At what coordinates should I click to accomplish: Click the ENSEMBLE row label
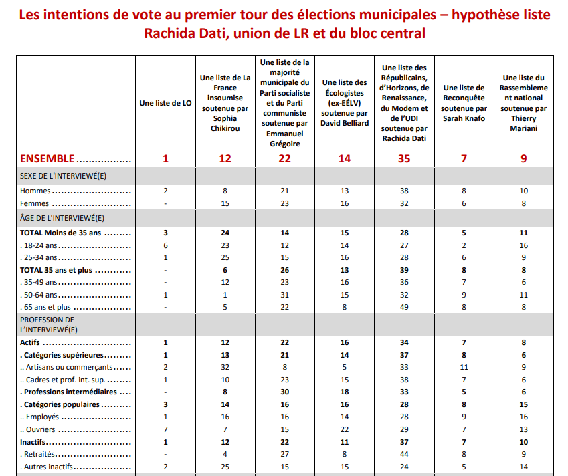[48, 158]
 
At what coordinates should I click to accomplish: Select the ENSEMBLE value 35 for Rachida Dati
[403, 158]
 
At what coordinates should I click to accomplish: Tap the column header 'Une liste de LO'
[165, 103]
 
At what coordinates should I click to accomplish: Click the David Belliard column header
[345, 103]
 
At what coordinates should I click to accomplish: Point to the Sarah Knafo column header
[464, 103]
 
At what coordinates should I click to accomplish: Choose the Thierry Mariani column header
[523, 103]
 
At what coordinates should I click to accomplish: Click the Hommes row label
[35, 191]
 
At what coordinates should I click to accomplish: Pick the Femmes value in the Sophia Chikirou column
[225, 204]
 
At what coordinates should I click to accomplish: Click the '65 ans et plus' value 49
[403, 307]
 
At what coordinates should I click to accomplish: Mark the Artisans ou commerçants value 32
[225, 367]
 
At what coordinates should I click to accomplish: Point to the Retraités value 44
[403, 454]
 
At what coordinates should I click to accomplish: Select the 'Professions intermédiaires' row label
[69, 392]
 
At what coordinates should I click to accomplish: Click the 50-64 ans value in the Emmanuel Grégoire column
[285, 295]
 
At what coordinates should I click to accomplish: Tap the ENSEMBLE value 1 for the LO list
[165, 158]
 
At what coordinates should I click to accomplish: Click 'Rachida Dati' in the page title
[180, 33]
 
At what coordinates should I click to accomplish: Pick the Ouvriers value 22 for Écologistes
[345, 429]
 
